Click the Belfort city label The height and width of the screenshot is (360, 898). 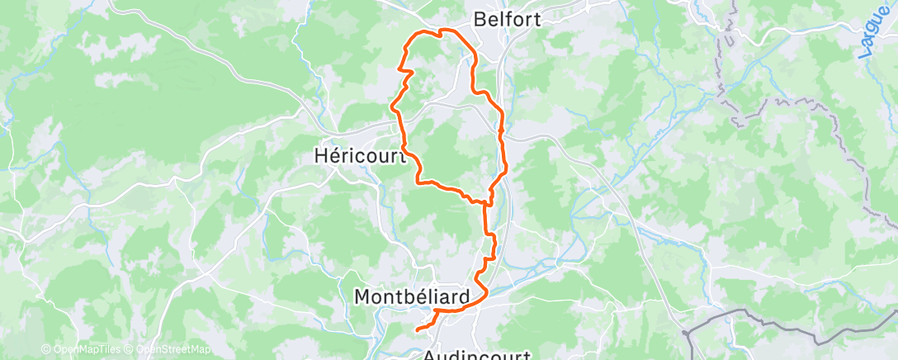click(x=508, y=18)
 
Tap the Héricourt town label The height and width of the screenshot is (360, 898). click(x=360, y=154)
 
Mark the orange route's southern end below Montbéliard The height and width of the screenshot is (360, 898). click(x=417, y=329)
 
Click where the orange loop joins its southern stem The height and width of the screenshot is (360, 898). click(x=487, y=199)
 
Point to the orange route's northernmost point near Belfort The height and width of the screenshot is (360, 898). click(x=446, y=31)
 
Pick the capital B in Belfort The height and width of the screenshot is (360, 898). click(x=480, y=18)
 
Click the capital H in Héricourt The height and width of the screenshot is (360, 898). click(x=321, y=154)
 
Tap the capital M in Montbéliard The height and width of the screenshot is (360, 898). click(x=361, y=296)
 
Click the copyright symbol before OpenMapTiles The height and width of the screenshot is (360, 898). click(x=45, y=349)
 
